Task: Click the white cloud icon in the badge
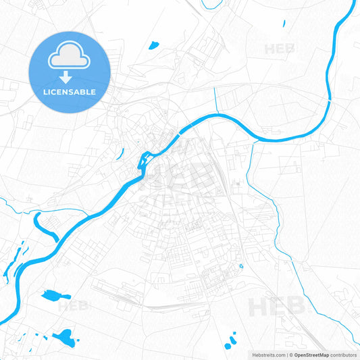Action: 70,59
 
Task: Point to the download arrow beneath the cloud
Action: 70,76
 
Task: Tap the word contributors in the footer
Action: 344,354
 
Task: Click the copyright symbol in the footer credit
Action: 290,354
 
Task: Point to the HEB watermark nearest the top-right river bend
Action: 280,49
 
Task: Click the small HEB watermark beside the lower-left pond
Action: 73,305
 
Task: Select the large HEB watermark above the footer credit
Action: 277,307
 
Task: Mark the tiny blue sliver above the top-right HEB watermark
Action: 284,24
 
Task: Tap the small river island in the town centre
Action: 144,161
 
